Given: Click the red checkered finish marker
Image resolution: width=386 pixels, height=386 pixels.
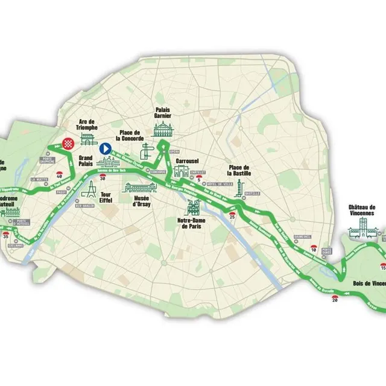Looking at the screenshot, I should click(68, 144).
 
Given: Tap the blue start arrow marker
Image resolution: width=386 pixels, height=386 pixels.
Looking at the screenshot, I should click(104, 148).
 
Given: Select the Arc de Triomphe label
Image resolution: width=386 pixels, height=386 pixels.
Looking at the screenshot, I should click(87, 124).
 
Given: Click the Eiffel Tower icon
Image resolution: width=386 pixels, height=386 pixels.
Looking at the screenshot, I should click(89, 189).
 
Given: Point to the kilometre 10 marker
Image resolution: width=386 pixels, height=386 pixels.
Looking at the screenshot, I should click(314, 247).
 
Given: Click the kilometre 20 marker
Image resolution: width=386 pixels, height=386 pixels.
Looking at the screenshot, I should click(335, 298).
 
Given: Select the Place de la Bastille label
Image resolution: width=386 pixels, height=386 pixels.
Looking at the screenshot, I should click(239, 170).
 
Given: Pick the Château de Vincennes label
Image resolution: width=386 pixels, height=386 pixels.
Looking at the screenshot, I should click(362, 209).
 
